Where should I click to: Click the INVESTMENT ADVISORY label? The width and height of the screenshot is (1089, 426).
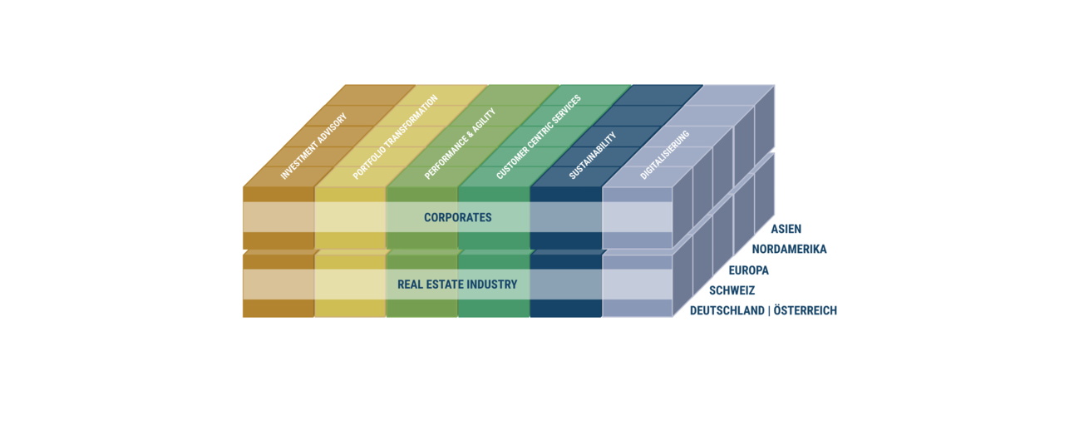(313, 146)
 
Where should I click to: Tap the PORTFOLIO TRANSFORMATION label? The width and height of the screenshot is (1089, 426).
(395, 136)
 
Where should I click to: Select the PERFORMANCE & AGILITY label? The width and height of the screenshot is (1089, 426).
(460, 144)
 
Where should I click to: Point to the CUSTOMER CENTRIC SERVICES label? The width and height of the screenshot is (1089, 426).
(539, 137)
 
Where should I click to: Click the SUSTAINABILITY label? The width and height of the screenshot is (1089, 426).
(593, 156)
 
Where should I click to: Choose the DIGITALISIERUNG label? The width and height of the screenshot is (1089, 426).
(665, 155)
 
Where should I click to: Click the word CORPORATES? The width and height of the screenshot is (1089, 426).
(457, 218)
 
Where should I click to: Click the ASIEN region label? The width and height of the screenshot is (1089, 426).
(786, 229)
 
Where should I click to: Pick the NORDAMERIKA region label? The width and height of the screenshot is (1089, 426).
(789, 250)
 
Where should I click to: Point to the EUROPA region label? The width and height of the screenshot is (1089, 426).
(749, 270)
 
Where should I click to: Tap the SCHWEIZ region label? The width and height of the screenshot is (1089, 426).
(732, 290)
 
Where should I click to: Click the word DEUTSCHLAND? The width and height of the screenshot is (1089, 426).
(727, 310)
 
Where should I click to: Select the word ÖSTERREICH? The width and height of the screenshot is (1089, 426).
(805, 310)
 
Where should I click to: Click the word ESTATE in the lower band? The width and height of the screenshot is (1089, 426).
(441, 285)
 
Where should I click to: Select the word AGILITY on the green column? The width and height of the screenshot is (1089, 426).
(482, 121)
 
